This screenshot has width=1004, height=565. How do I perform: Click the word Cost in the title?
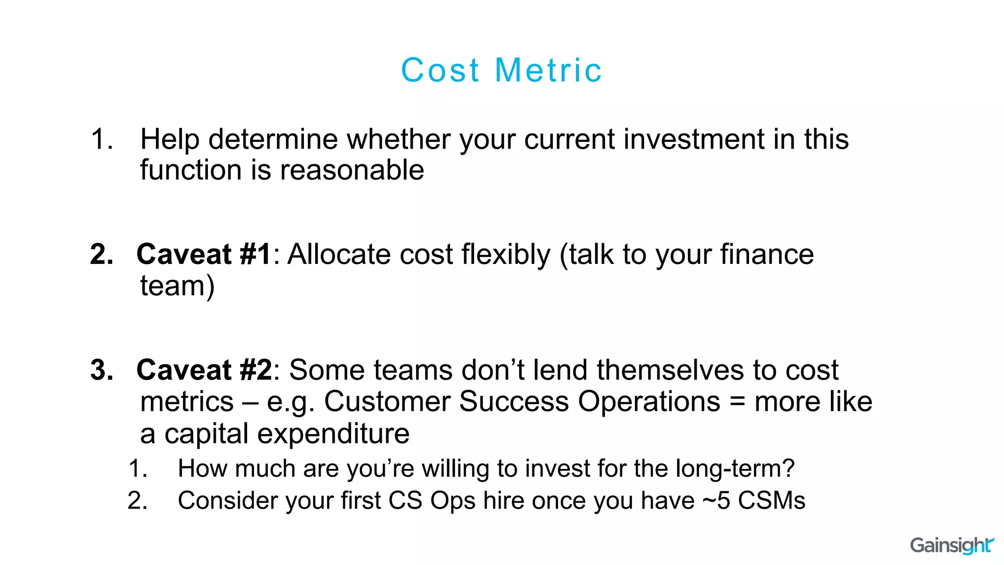(440, 70)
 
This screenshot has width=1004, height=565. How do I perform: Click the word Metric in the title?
(548, 70)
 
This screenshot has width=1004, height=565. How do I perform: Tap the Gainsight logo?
(952, 545)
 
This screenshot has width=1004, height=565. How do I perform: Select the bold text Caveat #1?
(203, 255)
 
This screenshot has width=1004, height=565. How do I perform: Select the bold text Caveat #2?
(204, 370)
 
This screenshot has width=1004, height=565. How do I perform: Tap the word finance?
(767, 255)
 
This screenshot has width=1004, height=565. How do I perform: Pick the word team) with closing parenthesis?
(177, 286)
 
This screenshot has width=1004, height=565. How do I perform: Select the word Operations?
(649, 402)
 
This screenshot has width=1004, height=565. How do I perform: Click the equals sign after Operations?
(737, 403)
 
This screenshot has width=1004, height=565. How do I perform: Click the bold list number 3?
(101, 370)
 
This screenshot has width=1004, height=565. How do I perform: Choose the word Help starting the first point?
(170, 139)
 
